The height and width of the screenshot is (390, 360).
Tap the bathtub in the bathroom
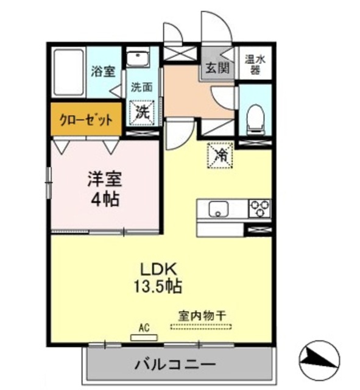[x=68, y=72]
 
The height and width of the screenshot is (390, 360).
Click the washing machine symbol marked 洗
[x=143, y=112]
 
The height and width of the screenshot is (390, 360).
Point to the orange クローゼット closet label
[x=86, y=119]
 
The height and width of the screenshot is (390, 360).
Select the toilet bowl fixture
[x=255, y=116]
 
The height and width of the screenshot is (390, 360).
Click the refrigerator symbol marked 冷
[x=222, y=155]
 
